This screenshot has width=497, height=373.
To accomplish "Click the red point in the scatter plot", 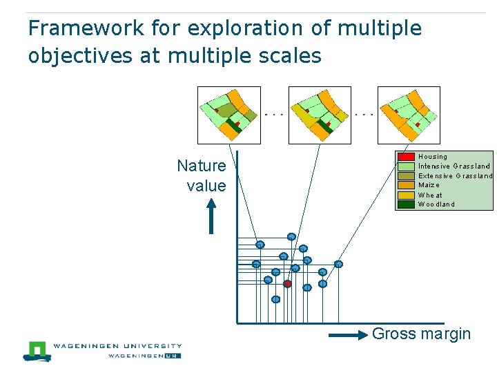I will tap(288, 284).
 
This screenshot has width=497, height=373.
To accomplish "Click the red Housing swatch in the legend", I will tap(407, 157).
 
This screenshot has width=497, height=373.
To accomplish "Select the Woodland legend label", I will tap(436, 204).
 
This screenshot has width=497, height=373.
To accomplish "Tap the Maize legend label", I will tap(429, 185).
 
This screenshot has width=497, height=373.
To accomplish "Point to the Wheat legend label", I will tap(430, 195).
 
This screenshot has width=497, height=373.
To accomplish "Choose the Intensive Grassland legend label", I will tap(454, 166).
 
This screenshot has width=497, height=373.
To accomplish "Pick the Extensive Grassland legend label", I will tap(456, 175).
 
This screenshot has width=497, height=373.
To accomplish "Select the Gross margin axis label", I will tap(421, 334).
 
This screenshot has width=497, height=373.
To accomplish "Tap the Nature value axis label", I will tap(202, 175).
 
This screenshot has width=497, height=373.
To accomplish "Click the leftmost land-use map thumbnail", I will tap(228, 115).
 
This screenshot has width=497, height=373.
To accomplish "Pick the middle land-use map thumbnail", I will tap(319, 115).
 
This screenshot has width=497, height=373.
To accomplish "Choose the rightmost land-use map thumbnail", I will tap(409, 115).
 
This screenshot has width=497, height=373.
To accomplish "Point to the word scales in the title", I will tap(289, 55).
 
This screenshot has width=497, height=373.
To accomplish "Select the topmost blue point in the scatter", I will tap(291, 237).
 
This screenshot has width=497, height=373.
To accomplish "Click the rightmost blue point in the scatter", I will tap(338, 264).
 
